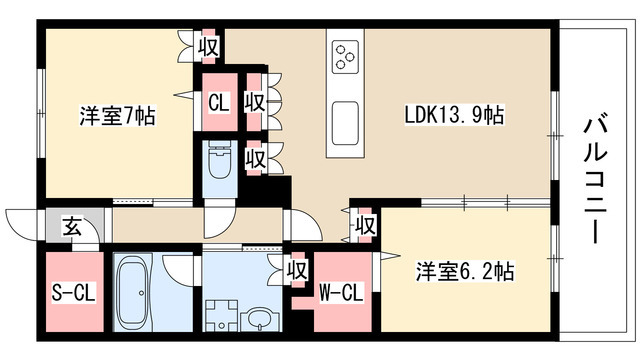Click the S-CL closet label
[x=75, y=294]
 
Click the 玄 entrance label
[x=72, y=227]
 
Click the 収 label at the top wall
[x=207, y=46]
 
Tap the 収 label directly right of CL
[x=255, y=101]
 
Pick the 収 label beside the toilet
[x=255, y=158]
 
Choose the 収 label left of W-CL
[x=296, y=269]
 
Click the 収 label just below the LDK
[x=366, y=225]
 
